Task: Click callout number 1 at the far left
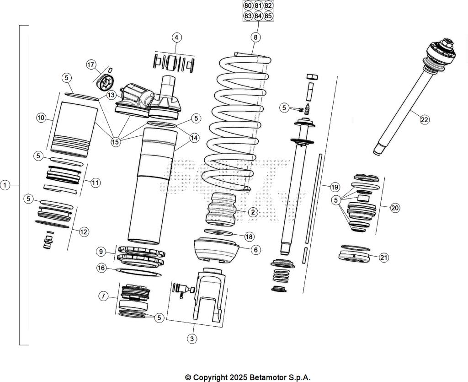tap(5, 185)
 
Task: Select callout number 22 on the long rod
tap(425, 120)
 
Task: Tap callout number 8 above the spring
tap(255, 37)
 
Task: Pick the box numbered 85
tap(268, 16)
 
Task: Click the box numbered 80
tap(248, 5)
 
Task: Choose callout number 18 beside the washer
tap(249, 237)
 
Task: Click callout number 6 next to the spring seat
tap(256, 249)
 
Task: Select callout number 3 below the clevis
tap(192, 339)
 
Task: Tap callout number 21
tap(384, 258)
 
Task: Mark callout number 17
tap(91, 65)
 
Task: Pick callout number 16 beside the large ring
tap(102, 268)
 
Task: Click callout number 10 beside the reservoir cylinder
tap(41, 118)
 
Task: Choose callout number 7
tap(104, 296)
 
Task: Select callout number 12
tap(84, 231)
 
